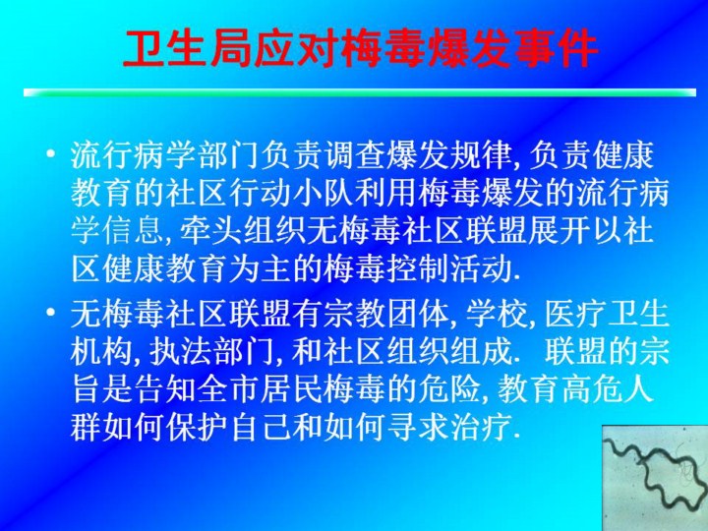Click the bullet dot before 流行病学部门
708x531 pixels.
(51, 153)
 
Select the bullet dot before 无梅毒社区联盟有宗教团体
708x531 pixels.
(51, 312)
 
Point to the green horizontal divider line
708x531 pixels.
(360, 92)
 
